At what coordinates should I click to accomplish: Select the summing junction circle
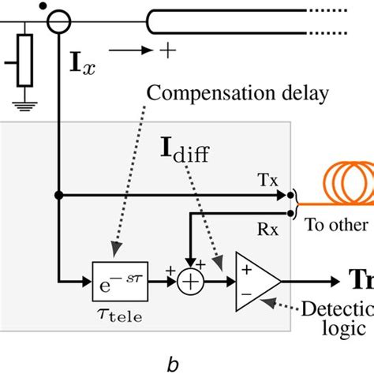point(189,280)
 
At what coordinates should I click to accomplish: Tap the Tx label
point(267,181)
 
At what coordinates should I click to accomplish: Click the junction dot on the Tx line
point(58,193)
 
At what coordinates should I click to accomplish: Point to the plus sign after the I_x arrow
point(167,50)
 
